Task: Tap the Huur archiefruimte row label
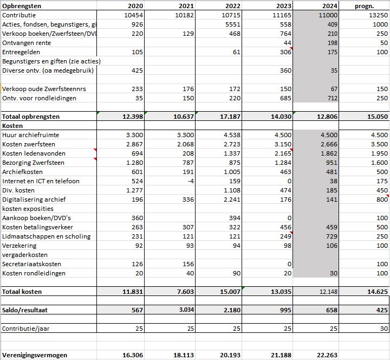[31, 135]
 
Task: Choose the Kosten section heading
[12, 126]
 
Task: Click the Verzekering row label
[19, 246]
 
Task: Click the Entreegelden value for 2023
[285, 52]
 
